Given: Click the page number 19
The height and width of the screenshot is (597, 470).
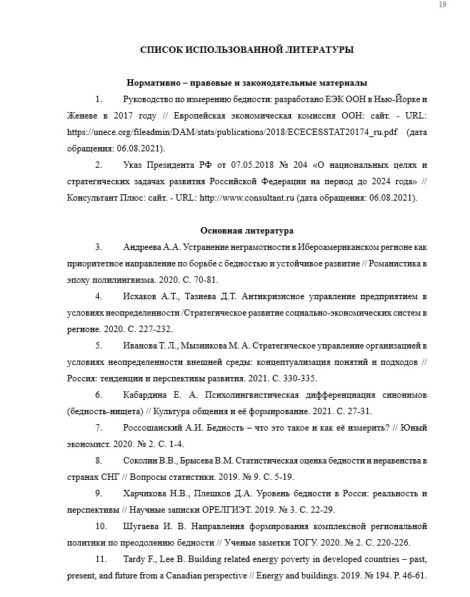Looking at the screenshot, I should click(442, 6).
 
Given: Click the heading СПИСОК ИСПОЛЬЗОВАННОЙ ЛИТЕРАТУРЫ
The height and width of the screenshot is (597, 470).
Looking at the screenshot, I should click(246, 50).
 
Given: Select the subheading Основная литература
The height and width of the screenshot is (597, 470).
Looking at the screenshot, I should click(246, 231).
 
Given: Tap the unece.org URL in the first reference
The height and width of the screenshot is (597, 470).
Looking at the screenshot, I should click(232, 132).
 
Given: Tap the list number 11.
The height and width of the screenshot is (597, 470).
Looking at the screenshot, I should click(100, 559).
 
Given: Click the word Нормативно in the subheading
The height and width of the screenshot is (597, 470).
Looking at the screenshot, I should click(153, 83).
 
